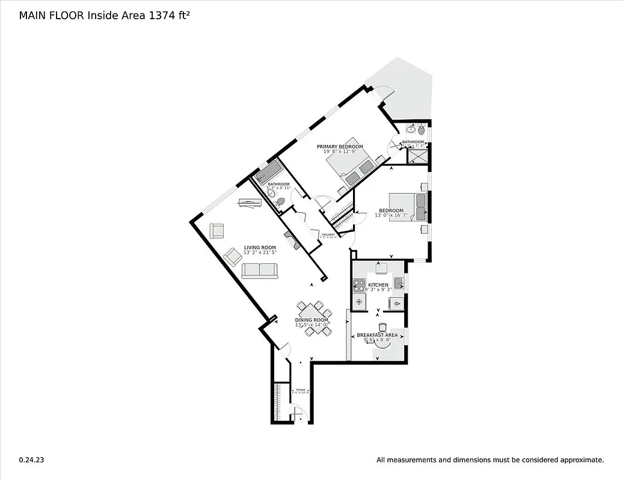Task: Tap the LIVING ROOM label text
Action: point(260,247)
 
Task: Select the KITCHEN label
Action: point(378,284)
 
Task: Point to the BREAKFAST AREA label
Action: point(377,335)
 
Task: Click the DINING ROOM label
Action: point(311,320)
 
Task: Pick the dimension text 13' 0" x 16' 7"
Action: point(391,215)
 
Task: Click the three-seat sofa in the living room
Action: point(260,271)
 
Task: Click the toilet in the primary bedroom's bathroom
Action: point(422,129)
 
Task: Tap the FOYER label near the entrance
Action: point(299,390)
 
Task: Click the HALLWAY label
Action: point(328,234)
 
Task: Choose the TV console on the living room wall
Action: point(250,203)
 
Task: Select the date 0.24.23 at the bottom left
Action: point(31,460)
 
